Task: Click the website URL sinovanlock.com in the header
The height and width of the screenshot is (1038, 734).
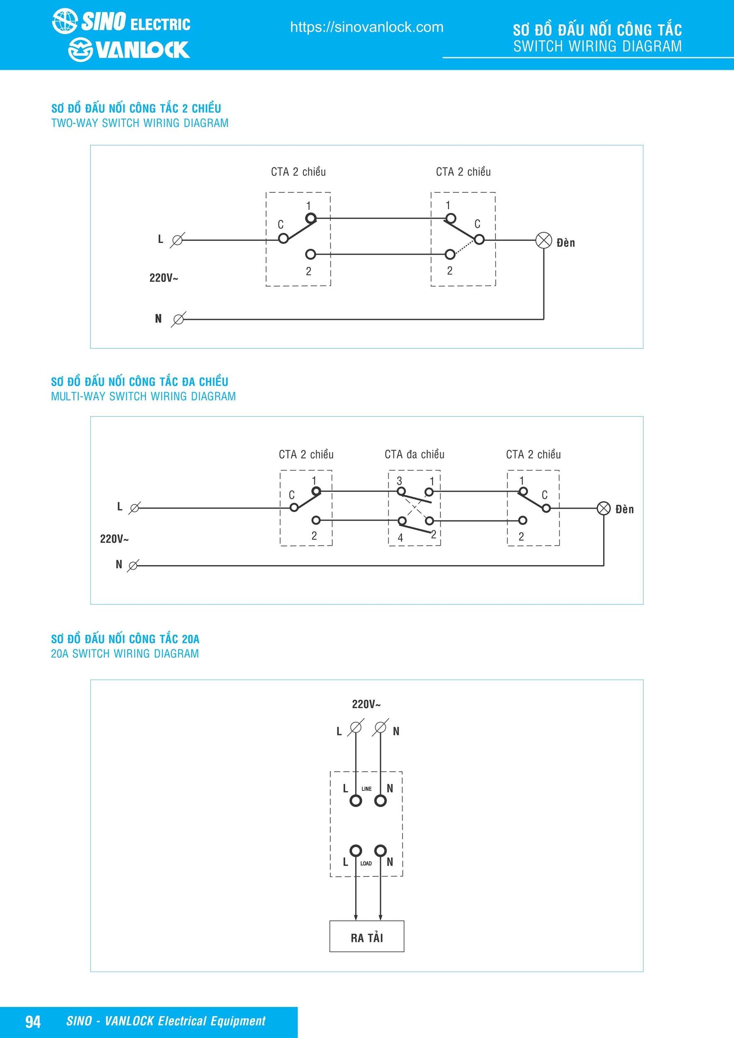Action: point(366,27)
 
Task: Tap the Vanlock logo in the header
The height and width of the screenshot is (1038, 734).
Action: point(129,50)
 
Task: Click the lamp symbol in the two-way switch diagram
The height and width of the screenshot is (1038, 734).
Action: point(544,240)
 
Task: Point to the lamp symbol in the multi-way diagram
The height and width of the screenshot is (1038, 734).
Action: point(604,508)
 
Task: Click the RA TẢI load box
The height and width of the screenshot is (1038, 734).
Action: point(366,937)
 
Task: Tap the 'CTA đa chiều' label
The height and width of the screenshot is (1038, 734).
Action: point(414,454)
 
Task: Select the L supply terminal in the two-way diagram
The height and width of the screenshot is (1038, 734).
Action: point(178,240)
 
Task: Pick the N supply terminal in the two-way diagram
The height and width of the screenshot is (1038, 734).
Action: point(179,319)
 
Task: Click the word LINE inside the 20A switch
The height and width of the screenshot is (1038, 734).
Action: point(366,789)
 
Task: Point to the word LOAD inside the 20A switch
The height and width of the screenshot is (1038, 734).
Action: point(366,864)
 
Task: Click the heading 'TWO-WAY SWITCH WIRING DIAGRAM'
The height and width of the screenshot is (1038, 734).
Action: point(140,123)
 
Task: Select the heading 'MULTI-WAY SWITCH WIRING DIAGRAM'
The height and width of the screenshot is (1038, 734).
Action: point(143,397)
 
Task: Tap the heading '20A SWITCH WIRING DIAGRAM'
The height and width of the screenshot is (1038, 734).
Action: point(125,654)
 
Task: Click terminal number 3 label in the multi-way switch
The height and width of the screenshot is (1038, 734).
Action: point(399,481)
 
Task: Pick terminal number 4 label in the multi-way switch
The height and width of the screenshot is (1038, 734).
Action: point(400,538)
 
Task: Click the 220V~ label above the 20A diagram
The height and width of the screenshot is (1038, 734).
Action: point(366,704)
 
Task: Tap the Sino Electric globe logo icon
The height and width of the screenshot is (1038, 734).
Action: point(65,21)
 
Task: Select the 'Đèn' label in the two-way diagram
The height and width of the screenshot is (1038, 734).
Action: point(566,243)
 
